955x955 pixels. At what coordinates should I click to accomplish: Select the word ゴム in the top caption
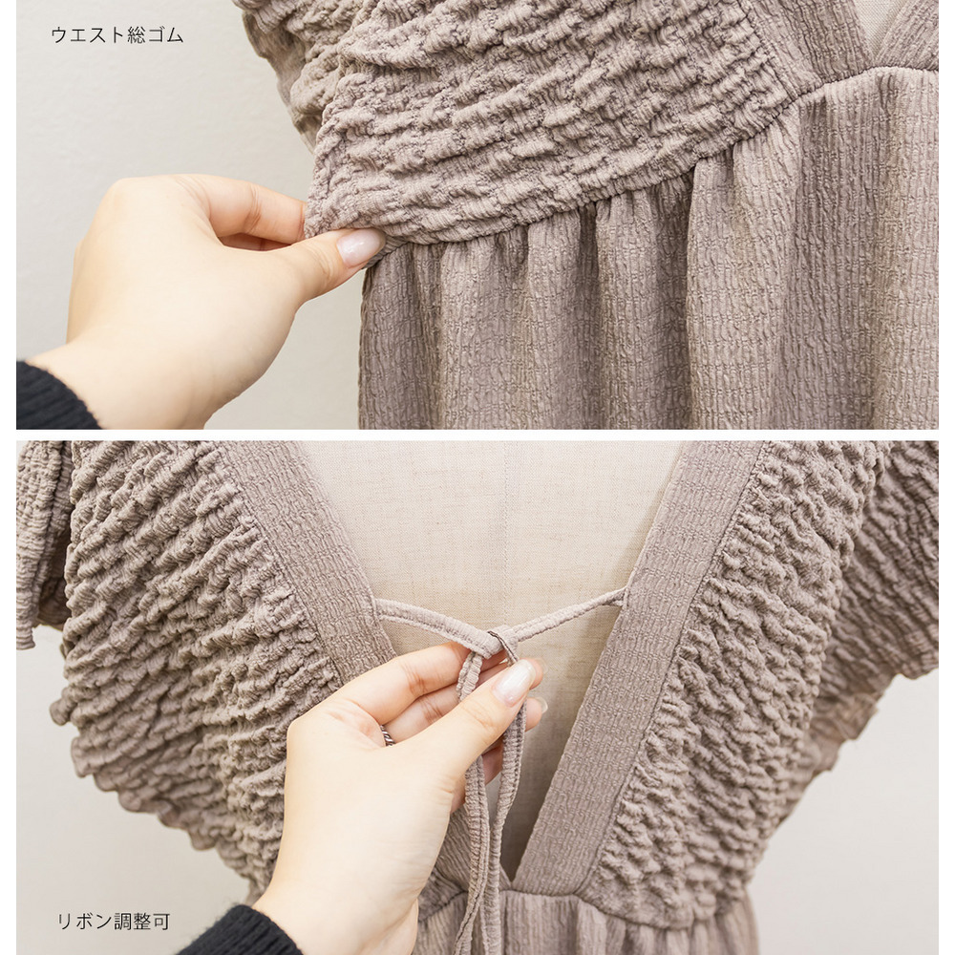(166, 34)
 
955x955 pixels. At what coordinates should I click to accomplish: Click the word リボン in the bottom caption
(85, 921)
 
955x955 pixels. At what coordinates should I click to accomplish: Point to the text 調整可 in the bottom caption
(142, 921)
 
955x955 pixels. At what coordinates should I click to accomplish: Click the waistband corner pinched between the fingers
(317, 225)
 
